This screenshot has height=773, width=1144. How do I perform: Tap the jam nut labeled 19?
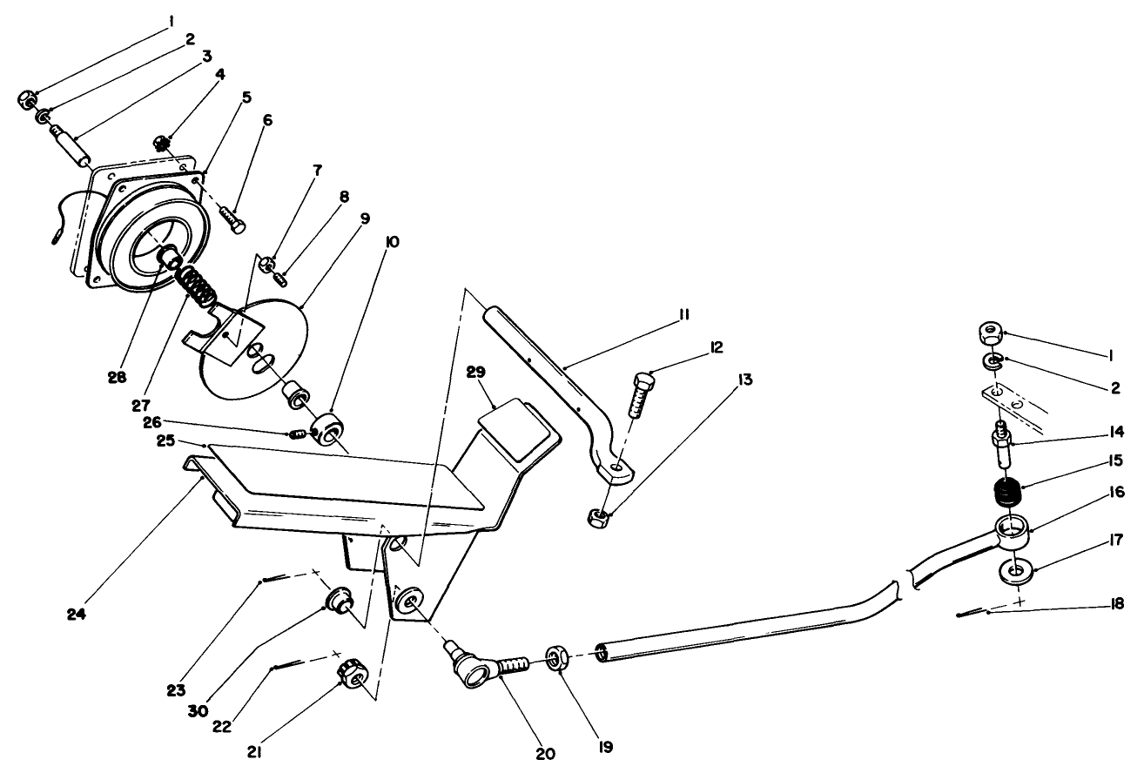[x=558, y=658]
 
